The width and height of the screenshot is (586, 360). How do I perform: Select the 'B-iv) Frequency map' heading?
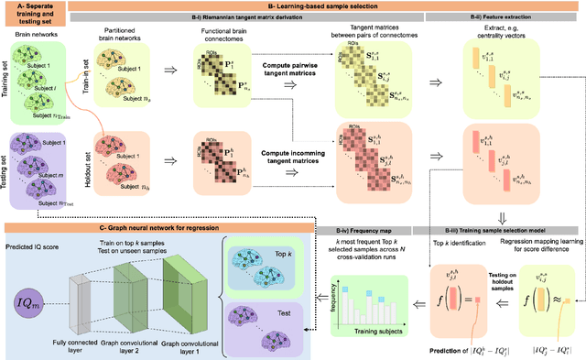click(346, 226)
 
